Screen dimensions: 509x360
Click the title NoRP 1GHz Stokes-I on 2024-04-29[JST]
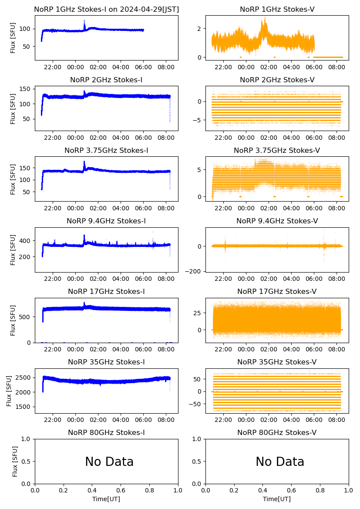point(106,9)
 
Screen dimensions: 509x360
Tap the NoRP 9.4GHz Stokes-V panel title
point(277,221)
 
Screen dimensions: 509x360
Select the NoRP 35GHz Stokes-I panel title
point(106,362)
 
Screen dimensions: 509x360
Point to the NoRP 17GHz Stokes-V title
point(277,292)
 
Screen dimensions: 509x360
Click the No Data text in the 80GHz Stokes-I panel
point(109,462)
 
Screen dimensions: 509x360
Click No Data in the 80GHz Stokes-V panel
point(279,462)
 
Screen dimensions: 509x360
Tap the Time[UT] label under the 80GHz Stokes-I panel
point(106,499)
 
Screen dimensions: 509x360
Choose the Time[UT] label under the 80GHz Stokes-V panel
point(277,499)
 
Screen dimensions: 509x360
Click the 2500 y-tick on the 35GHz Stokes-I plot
point(24,378)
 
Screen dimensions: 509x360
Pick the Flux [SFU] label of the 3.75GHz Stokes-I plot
point(13,179)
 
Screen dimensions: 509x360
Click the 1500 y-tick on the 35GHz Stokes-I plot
point(24,407)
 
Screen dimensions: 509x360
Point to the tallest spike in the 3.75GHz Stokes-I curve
point(84,162)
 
